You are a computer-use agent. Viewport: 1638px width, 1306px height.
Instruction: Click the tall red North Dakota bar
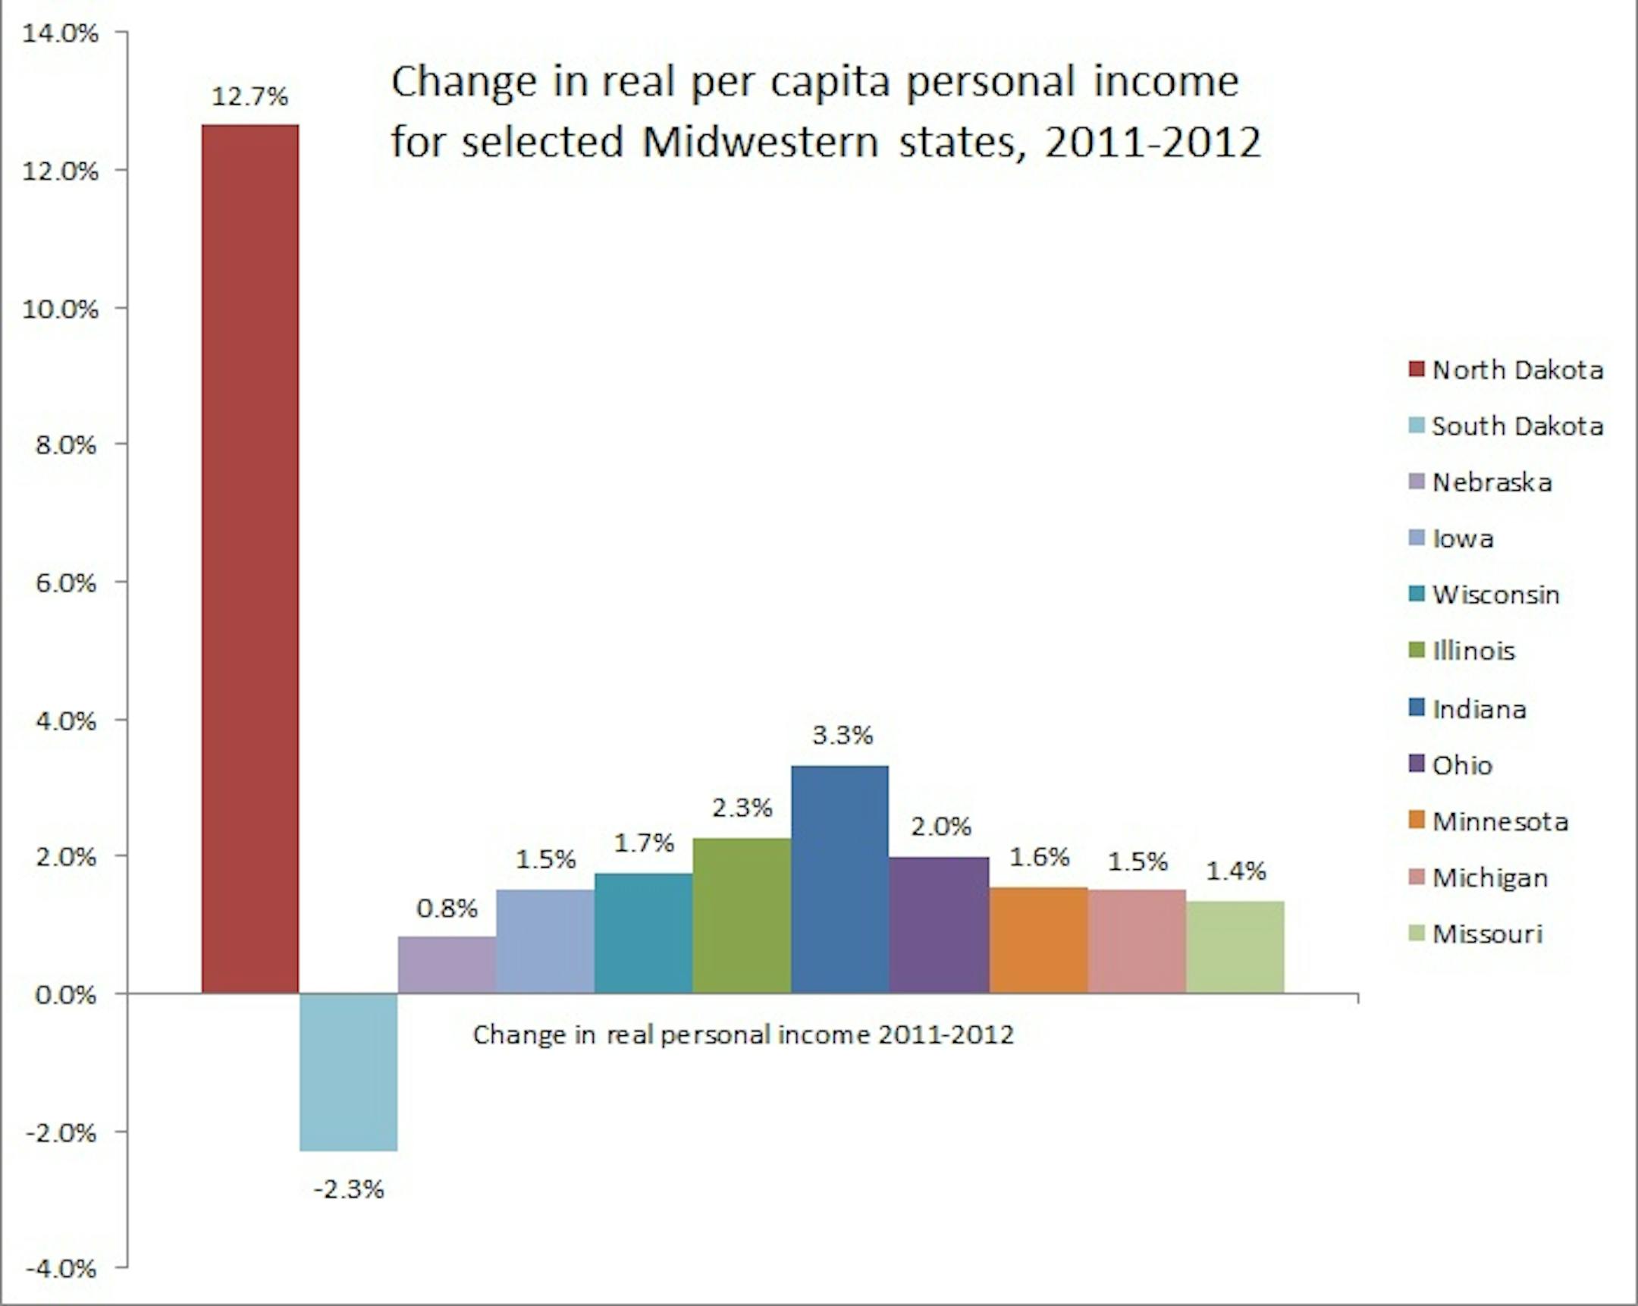point(250,558)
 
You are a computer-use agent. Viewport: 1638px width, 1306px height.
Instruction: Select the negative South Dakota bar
point(349,1072)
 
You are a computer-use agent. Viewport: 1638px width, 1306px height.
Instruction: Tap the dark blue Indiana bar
point(839,879)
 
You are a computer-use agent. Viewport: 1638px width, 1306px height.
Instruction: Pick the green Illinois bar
point(742,915)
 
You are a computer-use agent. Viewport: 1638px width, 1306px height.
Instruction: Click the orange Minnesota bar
point(1038,940)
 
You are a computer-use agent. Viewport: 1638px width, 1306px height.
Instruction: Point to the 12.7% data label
point(250,96)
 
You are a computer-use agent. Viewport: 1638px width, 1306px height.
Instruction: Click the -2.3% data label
point(349,1189)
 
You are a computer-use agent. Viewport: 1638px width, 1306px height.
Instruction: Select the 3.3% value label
point(843,735)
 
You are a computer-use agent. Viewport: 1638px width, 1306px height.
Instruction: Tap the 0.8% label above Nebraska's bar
point(447,908)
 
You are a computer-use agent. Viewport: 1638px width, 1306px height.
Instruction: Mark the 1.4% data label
point(1236,871)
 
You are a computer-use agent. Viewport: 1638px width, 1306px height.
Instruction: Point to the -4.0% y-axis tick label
point(61,1268)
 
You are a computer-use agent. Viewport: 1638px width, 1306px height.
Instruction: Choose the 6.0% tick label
point(65,582)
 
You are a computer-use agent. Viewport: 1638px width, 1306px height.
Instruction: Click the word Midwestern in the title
point(760,141)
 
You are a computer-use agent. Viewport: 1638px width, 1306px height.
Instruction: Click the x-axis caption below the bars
point(743,1034)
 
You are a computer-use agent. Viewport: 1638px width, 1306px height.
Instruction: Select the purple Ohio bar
point(939,925)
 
